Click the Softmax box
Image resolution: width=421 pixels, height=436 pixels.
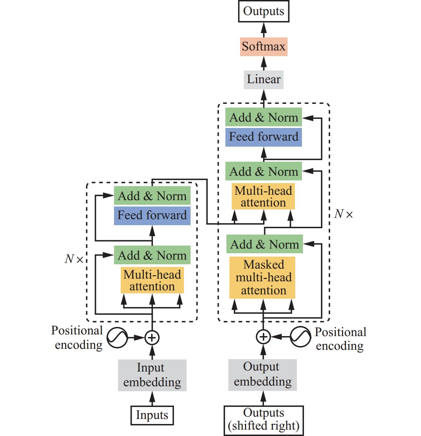(264, 47)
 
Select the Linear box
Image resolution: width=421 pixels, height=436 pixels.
(264, 80)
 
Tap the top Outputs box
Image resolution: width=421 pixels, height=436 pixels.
(264, 11)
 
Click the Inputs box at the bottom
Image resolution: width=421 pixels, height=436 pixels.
(152, 415)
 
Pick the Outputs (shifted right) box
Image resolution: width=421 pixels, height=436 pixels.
(264, 420)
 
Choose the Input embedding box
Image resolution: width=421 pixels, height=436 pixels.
(152, 375)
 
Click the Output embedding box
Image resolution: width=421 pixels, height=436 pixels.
(262, 375)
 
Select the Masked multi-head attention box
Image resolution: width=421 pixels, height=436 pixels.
(262, 278)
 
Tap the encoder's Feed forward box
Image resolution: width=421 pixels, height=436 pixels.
(152, 215)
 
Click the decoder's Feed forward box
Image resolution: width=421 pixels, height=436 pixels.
(264, 137)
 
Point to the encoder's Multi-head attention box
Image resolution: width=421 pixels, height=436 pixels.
(152, 281)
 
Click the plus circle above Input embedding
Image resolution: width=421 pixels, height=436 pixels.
(152, 338)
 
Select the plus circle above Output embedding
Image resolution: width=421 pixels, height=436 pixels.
(263, 337)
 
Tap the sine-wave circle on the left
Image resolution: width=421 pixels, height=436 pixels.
(117, 338)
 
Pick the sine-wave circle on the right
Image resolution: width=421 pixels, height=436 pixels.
(300, 337)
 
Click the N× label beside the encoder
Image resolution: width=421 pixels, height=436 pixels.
(74, 259)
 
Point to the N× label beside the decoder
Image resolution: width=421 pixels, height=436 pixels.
(343, 214)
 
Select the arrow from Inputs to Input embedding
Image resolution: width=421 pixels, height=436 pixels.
(152, 399)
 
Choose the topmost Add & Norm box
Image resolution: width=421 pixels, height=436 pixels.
(264, 118)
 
